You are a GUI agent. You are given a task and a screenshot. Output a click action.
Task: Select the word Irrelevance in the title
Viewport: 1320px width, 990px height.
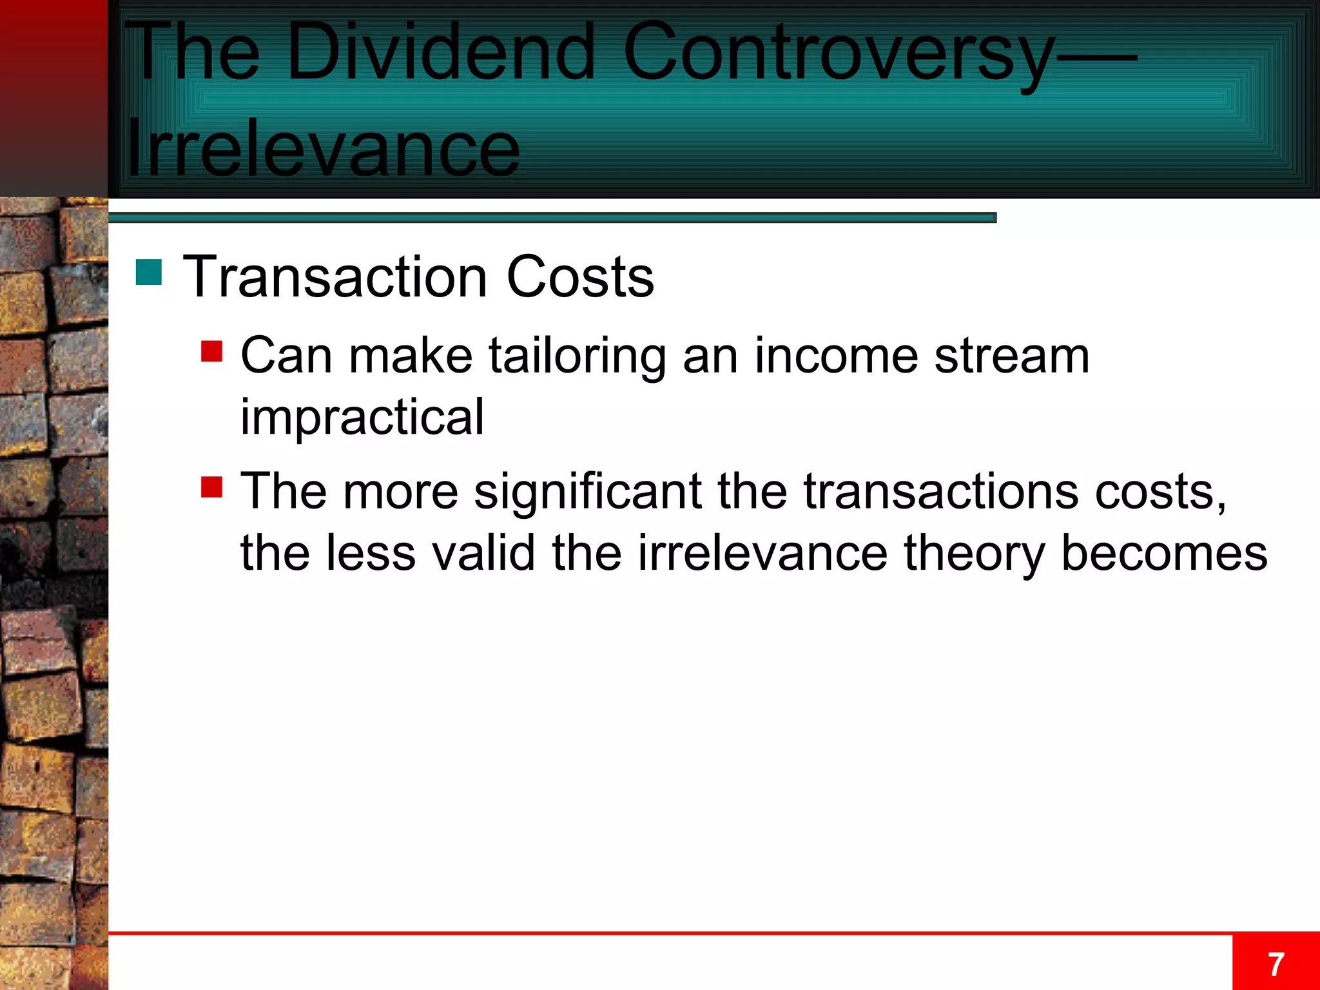(322, 150)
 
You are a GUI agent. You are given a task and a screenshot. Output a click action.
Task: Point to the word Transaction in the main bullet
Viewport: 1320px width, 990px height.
(335, 277)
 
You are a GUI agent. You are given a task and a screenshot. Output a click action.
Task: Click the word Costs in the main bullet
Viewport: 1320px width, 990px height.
(580, 277)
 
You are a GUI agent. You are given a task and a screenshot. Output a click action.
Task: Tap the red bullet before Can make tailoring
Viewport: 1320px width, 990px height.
(211, 352)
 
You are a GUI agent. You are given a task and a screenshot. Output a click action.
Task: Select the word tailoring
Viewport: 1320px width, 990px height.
(577, 356)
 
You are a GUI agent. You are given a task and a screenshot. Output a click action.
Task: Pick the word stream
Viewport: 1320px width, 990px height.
(1012, 356)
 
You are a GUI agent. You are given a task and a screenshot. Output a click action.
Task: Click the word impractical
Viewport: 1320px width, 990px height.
(362, 418)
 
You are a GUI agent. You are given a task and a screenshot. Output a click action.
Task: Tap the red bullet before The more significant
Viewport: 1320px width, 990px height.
(211, 487)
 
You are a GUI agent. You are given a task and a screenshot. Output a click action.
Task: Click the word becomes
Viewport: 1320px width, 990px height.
(1164, 553)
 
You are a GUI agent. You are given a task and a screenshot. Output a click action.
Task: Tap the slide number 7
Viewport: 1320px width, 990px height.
(1276, 965)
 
